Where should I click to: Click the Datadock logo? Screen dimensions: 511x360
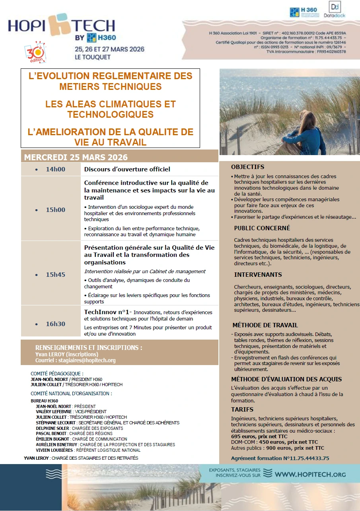pyautogui.click(x=337, y=10)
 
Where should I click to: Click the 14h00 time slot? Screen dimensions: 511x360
pyautogui.click(x=55, y=169)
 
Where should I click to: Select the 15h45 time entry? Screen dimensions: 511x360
pyautogui.click(x=55, y=275)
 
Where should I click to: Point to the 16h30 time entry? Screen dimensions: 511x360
pyautogui.click(x=55, y=324)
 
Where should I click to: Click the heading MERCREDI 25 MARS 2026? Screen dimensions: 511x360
pyautogui.click(x=76, y=157)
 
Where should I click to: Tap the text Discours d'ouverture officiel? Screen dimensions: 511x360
pyautogui.click(x=127, y=169)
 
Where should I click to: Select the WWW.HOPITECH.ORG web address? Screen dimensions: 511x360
pyautogui.click(x=310, y=474)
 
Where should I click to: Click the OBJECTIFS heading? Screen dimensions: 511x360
pyautogui.click(x=247, y=167)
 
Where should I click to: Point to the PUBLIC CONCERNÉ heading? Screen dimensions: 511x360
pyautogui.click(x=262, y=228)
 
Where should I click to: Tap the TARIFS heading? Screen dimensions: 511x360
pyautogui.click(x=242, y=410)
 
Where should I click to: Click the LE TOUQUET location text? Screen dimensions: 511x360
pyautogui.click(x=93, y=57)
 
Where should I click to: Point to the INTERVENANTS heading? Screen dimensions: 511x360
pyautogui.click(x=258, y=275)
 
